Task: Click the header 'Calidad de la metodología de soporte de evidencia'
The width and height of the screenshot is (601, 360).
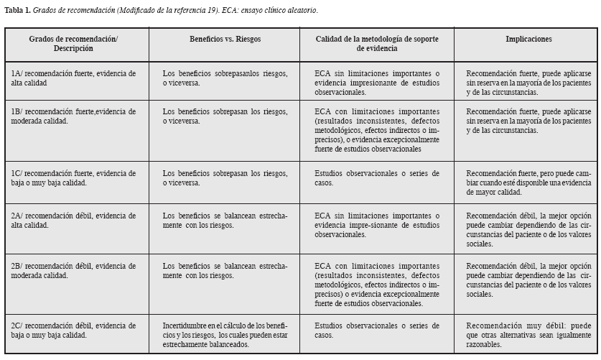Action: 376,43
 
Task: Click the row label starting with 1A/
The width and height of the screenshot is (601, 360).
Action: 73,78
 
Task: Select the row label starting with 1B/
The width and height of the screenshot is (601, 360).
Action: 73,116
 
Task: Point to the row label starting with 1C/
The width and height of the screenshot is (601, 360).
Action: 73,177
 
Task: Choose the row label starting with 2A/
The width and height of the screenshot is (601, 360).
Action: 73,219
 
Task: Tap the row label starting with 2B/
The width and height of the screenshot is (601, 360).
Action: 73,270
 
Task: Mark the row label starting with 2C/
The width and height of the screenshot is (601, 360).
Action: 73,330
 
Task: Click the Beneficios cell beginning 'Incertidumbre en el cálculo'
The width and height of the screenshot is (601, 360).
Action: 225,335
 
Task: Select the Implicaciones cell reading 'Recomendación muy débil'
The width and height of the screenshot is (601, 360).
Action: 528,335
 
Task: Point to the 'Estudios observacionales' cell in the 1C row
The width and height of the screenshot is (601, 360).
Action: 376,177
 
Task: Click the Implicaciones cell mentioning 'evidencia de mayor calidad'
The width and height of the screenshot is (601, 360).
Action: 528,183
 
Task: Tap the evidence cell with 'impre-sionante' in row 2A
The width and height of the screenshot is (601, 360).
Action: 376,224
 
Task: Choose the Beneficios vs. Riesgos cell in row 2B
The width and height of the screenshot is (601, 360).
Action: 225,270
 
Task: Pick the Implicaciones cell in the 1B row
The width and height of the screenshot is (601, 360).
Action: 528,121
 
